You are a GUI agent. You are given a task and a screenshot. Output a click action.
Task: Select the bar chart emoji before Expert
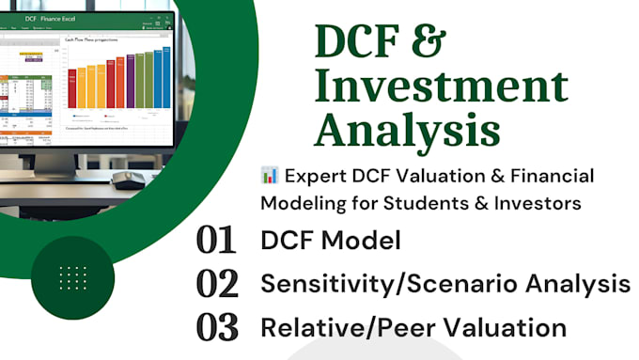pos(271,175)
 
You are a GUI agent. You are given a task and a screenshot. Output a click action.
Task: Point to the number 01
pos(215,240)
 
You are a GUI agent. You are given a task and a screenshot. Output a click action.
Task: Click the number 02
pos(215,283)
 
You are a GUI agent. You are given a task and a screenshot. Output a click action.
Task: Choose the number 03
pos(215,327)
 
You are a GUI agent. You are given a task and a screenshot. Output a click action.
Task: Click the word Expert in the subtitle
pos(317,175)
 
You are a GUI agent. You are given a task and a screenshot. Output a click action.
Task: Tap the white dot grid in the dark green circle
pos(72,277)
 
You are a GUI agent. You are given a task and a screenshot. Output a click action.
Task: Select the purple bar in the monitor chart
pos(131,83)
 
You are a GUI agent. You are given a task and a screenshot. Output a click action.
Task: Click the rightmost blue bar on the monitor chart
pos(165,78)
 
